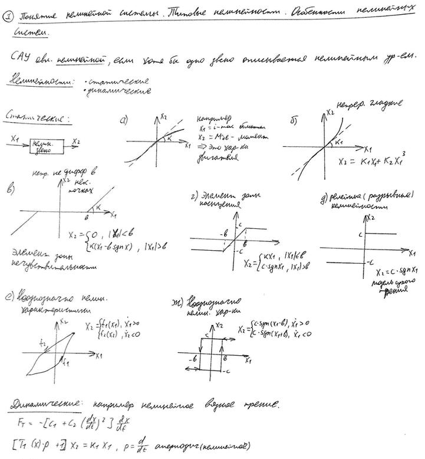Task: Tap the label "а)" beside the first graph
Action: point(123,122)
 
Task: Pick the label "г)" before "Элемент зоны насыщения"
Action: point(194,196)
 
